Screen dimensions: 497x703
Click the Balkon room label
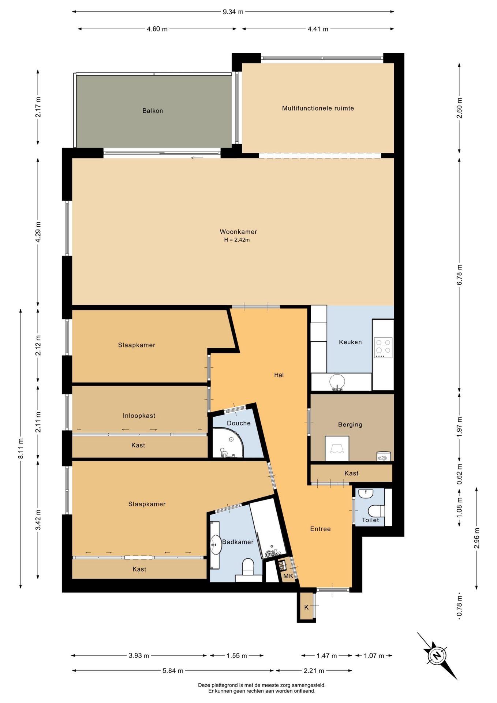click(153, 111)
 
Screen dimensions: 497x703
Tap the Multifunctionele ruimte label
click(318, 108)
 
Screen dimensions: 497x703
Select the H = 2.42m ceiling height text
click(237, 240)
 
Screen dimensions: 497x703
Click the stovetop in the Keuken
click(383, 347)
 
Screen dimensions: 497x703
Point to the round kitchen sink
click(337, 382)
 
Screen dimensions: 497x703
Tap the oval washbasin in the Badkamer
click(216, 545)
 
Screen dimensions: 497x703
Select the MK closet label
click(288, 576)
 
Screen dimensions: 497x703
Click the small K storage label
click(306, 607)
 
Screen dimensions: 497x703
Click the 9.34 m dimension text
click(233, 12)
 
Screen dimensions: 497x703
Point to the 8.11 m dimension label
click(21, 449)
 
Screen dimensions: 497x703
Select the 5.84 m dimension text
click(173, 671)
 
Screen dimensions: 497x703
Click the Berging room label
click(350, 424)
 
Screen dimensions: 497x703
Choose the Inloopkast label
click(139, 416)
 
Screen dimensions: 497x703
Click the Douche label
click(239, 423)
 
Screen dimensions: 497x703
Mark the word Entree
click(320, 529)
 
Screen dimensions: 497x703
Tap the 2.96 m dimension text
click(477, 538)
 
